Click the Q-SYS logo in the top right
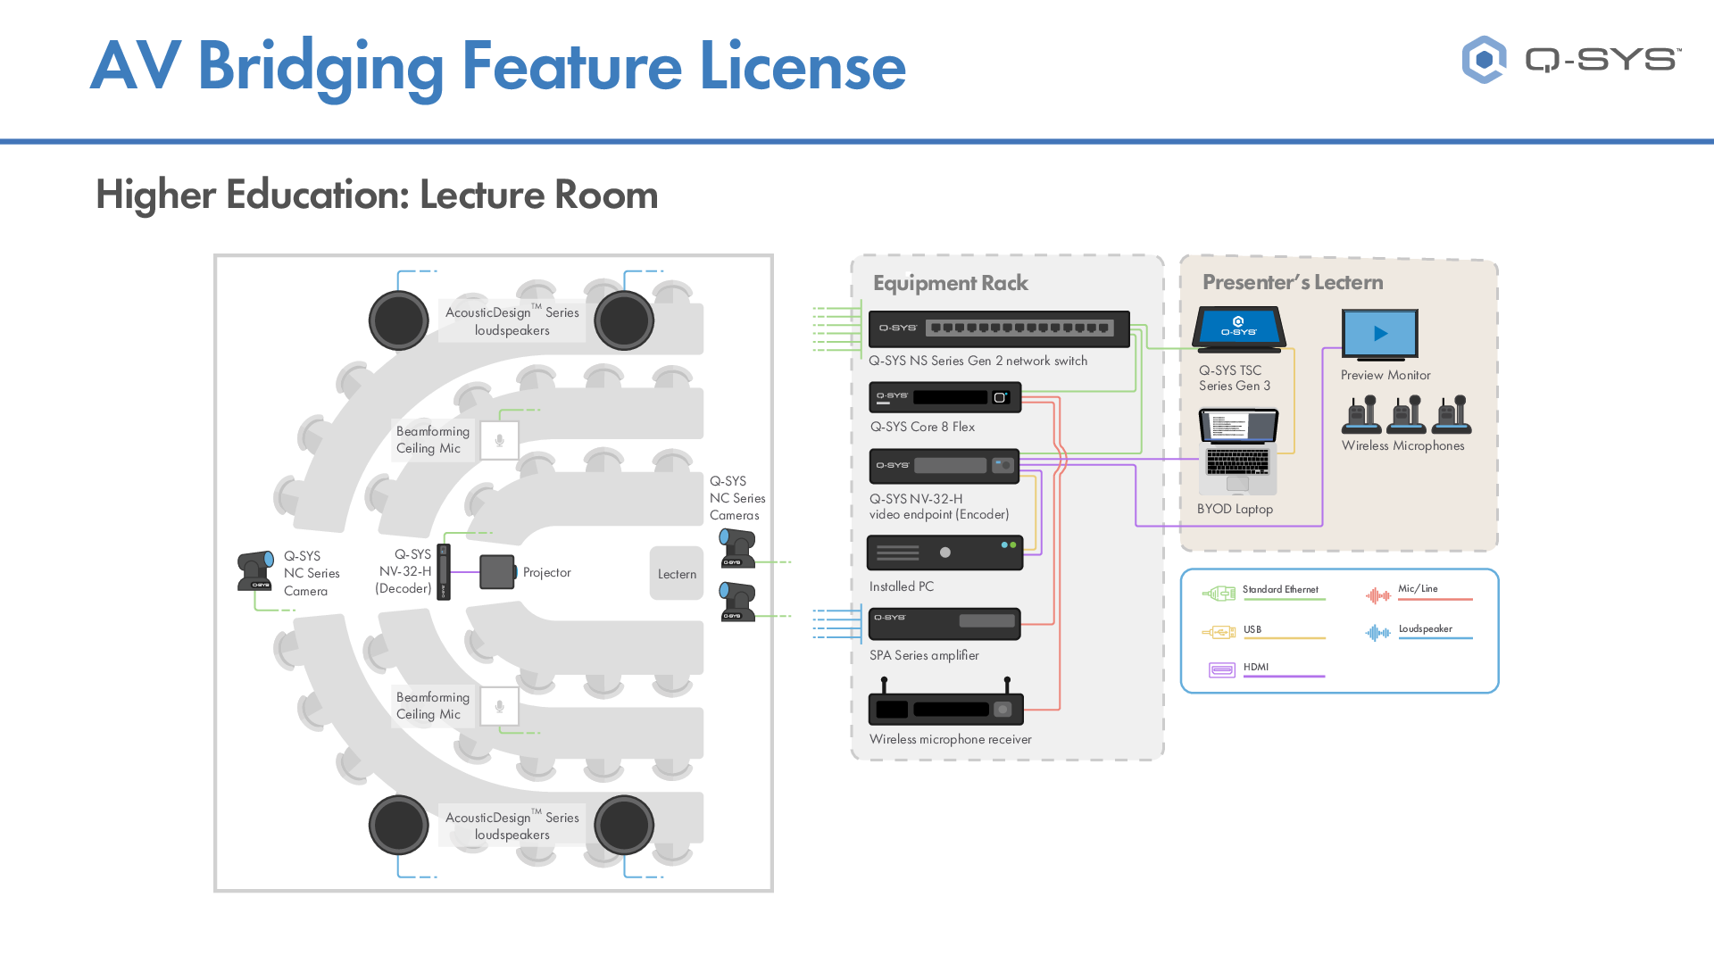coord(1571,60)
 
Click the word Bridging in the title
coord(320,68)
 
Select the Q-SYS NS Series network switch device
coord(999,328)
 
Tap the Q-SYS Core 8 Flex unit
coord(944,397)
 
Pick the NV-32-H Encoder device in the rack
coord(944,466)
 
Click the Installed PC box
coord(944,553)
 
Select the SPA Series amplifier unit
coord(944,623)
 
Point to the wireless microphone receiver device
coord(945,709)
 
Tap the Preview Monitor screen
coord(1379,334)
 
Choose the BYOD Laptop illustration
coord(1238,452)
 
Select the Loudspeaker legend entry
coord(1425,630)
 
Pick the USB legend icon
coord(1219,632)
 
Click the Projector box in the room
coord(497,572)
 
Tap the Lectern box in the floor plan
coord(677,573)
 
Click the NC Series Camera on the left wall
coord(255,571)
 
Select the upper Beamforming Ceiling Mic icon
coord(500,440)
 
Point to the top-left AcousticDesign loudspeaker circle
coord(399,320)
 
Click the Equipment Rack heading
coord(950,283)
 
